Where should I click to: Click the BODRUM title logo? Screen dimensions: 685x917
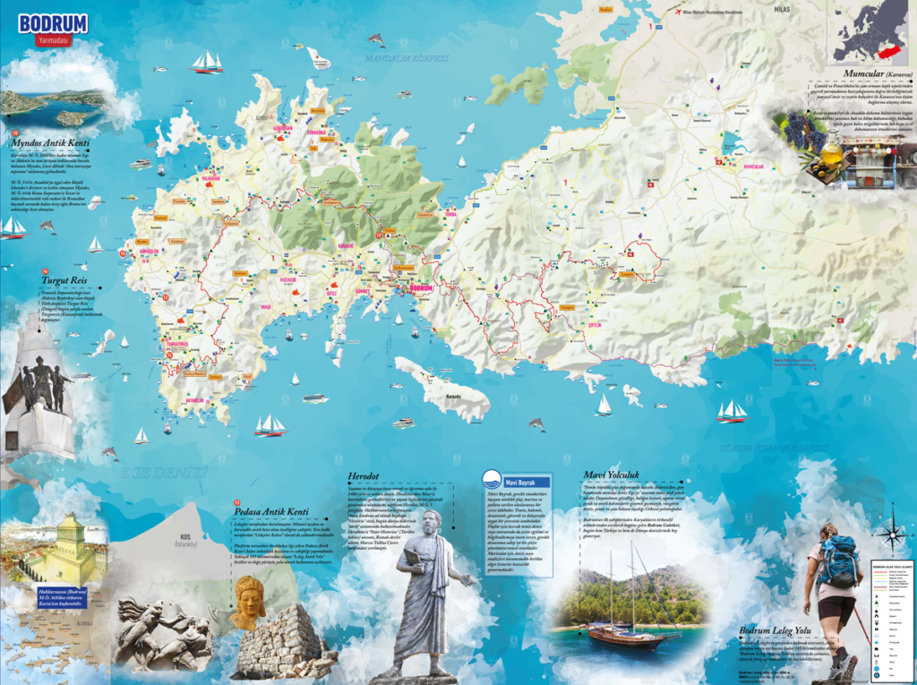[x=52, y=23]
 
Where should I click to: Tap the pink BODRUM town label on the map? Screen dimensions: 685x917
[x=421, y=288]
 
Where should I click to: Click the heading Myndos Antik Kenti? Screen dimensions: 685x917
[x=50, y=142]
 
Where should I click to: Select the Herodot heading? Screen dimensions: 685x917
[x=369, y=475]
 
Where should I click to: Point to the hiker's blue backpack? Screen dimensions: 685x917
[x=839, y=561]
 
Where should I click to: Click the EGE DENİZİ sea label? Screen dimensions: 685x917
[x=167, y=470]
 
